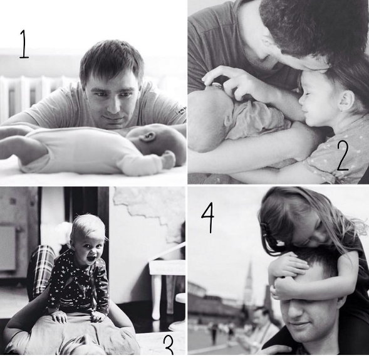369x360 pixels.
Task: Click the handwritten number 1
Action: coord(24,44)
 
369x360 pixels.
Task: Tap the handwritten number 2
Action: coord(343,156)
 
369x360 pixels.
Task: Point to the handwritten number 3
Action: coord(169,345)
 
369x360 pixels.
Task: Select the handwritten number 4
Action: coord(208,217)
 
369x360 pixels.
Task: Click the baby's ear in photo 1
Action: coord(147,137)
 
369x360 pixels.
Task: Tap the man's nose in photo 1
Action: coord(114,107)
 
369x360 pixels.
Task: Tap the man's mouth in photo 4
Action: coord(299,324)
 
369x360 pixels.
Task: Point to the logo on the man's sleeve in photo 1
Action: coord(182,110)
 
